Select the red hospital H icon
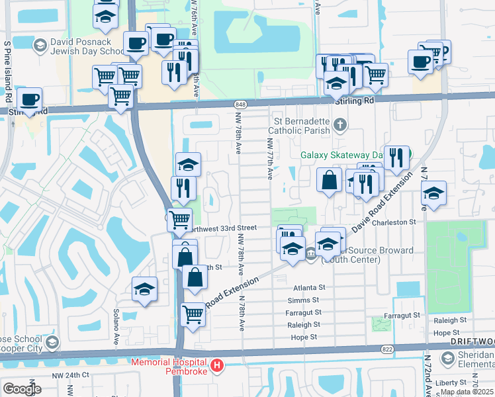click(x=216, y=366)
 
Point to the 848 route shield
click(x=240, y=104)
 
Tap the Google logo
click(x=22, y=388)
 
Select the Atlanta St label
click(x=310, y=288)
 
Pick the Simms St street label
click(x=309, y=300)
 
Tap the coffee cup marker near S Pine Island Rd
click(x=28, y=99)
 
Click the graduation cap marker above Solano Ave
click(x=144, y=288)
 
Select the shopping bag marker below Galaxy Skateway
click(x=329, y=179)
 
